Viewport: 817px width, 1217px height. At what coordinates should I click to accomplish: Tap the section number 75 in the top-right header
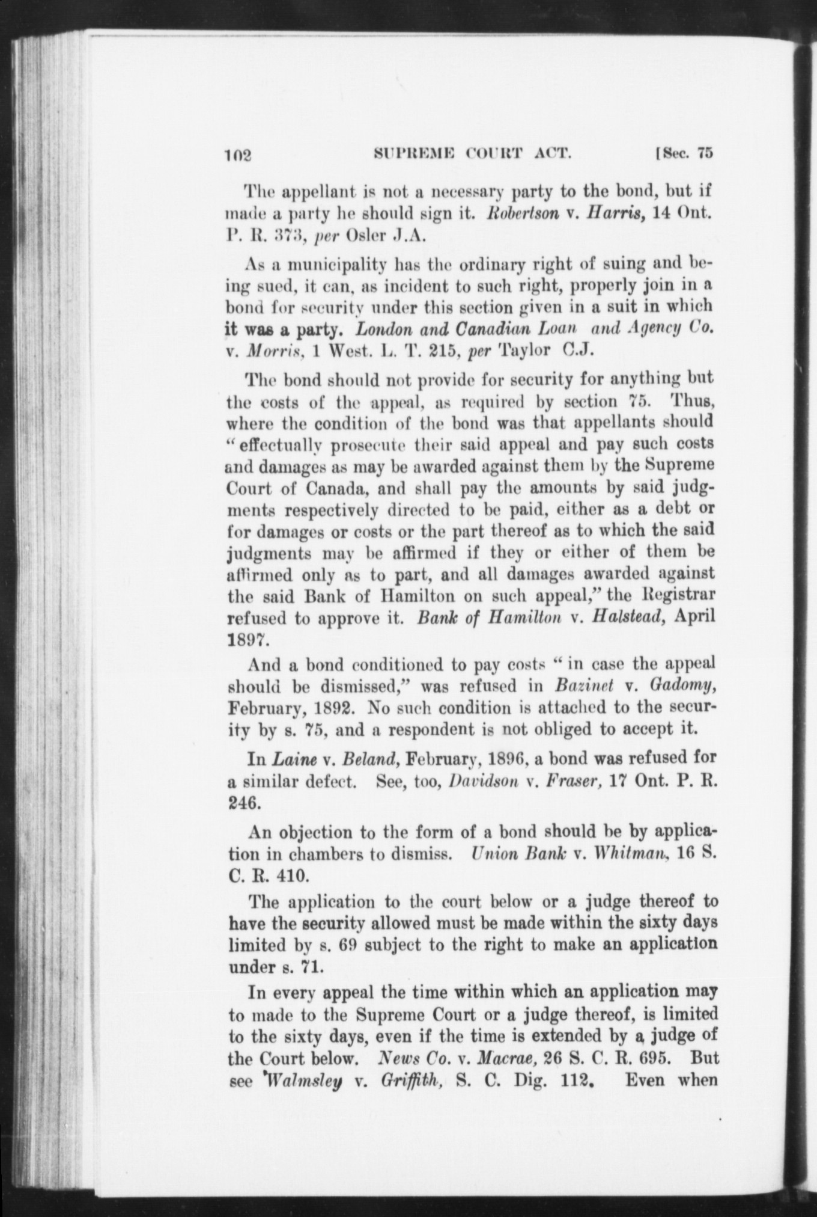tap(705, 153)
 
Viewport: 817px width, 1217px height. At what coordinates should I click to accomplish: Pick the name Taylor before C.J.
tap(522, 351)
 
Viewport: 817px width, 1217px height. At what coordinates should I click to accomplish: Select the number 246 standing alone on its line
tap(243, 802)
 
